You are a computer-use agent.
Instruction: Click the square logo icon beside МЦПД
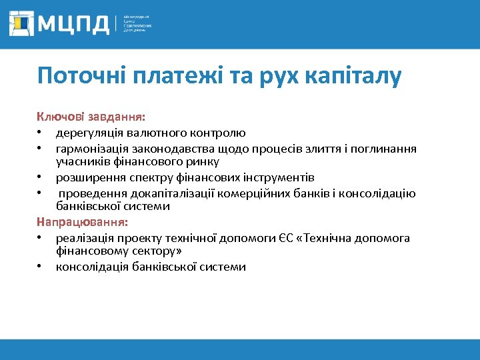[x=23, y=23]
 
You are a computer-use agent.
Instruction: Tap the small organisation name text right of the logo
[x=137, y=24]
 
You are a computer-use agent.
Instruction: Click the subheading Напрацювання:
[x=83, y=221]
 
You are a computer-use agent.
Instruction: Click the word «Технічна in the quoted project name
[x=331, y=238]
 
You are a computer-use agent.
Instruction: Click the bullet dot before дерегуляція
[x=41, y=133]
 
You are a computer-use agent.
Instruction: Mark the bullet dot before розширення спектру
[x=41, y=178]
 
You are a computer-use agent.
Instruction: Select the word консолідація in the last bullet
[x=91, y=267]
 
